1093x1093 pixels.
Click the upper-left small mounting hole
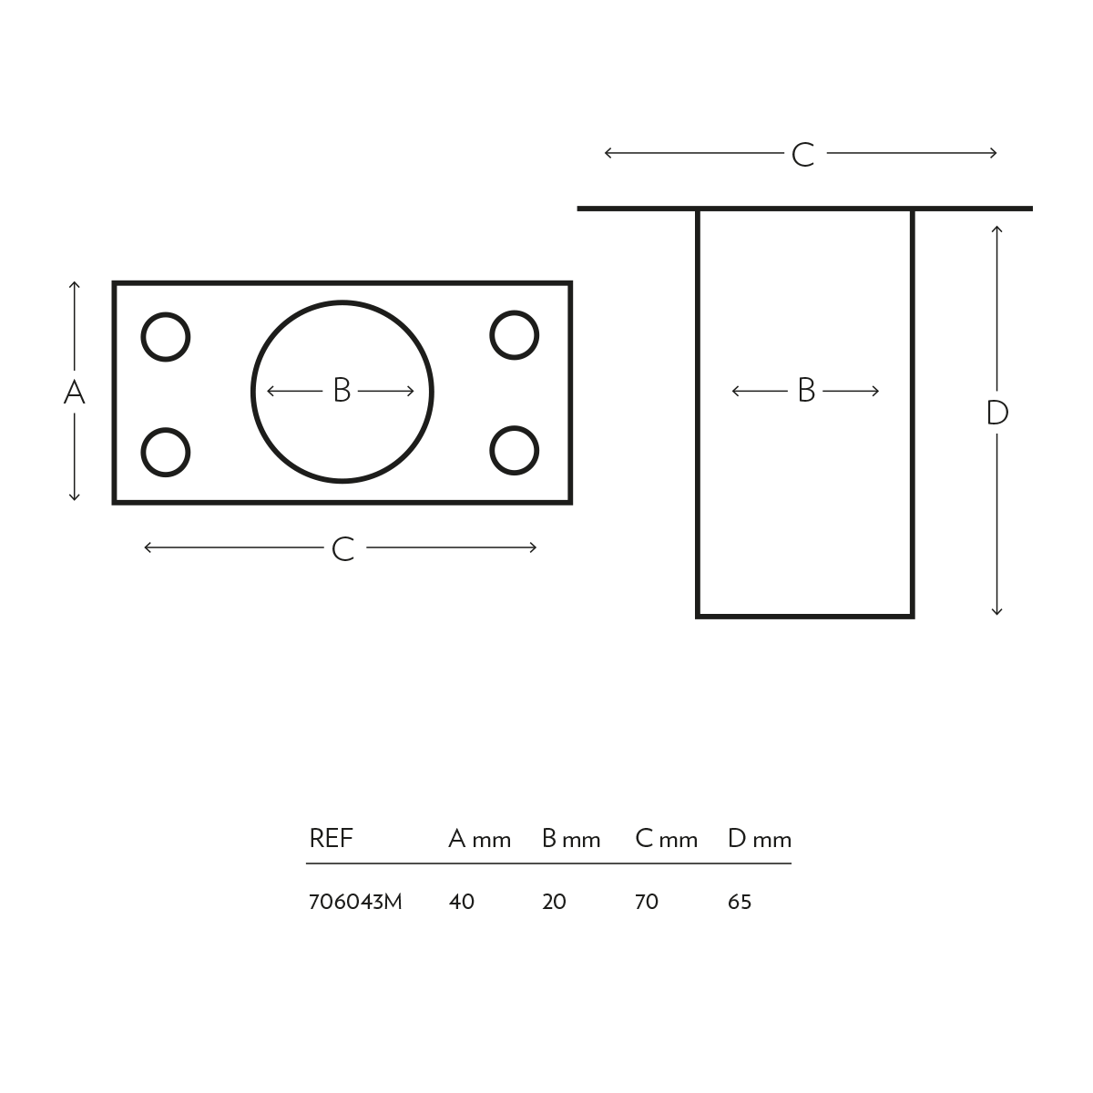pos(166,337)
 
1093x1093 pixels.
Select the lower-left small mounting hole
pos(166,452)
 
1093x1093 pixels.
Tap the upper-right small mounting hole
pos(515,335)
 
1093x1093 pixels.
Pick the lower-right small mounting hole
pos(515,451)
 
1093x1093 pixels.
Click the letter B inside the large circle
pos(342,391)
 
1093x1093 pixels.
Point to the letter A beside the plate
pos(74,393)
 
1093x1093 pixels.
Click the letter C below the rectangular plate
pos(342,549)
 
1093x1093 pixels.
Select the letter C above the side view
pos(802,155)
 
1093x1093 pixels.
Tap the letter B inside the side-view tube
pos(806,391)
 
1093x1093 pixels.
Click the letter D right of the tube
pos(997,414)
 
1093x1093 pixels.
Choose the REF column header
pos(331,838)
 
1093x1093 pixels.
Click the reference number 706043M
pos(355,902)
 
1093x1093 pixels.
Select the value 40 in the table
pos(462,902)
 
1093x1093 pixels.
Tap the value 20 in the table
pos(554,902)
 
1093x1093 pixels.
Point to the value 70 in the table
pos(646,902)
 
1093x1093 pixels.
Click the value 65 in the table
pos(740,902)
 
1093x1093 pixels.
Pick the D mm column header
pos(760,839)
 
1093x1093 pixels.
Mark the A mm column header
pos(479,839)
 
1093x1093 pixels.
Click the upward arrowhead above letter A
pos(75,285)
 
